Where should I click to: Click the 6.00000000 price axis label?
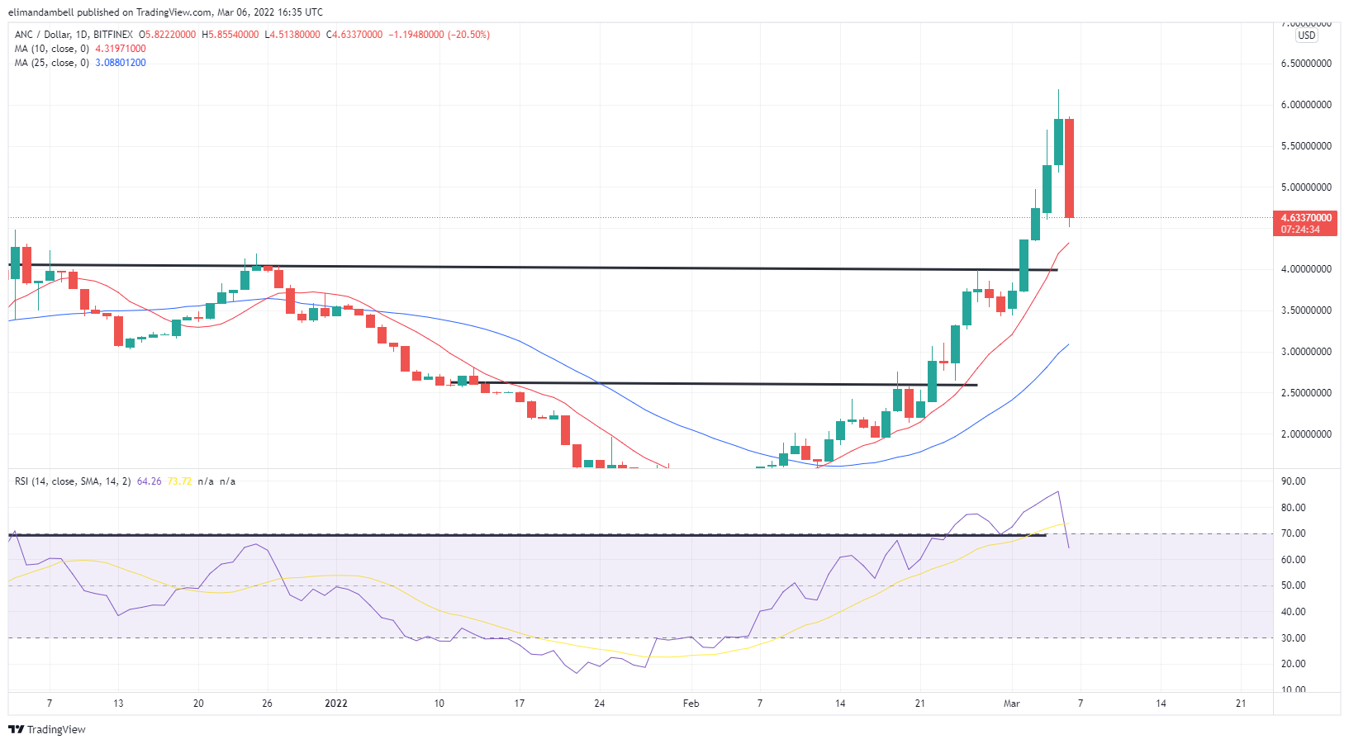(1306, 105)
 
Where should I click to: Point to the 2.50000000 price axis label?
(1306, 393)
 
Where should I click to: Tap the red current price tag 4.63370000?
(1306, 218)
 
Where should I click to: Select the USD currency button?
(1307, 36)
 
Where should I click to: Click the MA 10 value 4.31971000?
(121, 49)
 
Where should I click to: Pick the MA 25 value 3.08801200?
(121, 63)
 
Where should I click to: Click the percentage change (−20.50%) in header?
(468, 35)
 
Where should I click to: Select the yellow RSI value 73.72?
(179, 481)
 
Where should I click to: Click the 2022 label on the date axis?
(336, 704)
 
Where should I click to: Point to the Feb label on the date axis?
(691, 704)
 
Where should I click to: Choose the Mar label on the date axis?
(1012, 704)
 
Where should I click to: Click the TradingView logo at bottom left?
(47, 729)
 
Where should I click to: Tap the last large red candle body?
(1069, 168)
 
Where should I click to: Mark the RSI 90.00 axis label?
(1293, 481)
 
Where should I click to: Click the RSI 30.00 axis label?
(1293, 638)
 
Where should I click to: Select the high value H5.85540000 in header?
(230, 35)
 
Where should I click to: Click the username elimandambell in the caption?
(41, 12)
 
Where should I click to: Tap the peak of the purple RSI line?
(1058, 491)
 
